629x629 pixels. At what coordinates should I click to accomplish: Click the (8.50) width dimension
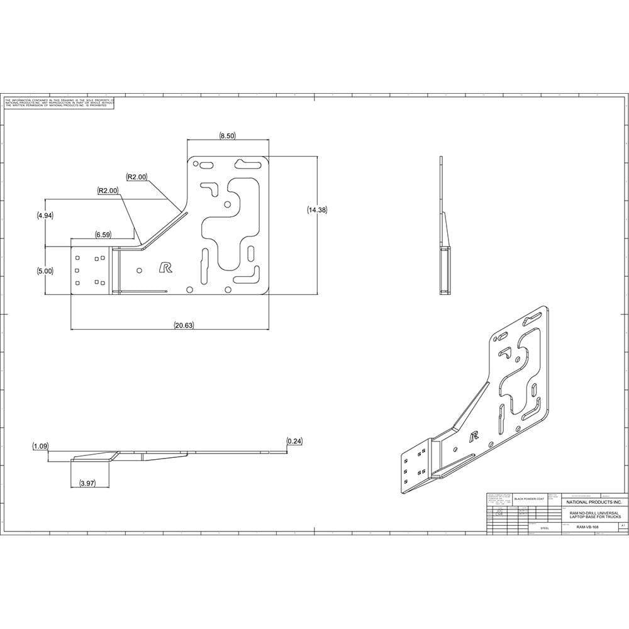227,136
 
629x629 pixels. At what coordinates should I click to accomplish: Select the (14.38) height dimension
317,210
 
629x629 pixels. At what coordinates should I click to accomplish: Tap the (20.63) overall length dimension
183,325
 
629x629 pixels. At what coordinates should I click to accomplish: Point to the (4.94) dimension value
45,215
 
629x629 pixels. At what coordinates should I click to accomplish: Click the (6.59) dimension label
103,235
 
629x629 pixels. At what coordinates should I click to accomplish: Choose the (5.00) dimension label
45,271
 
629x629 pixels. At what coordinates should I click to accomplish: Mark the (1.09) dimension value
41,446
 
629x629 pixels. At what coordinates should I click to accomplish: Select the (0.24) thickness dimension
294,441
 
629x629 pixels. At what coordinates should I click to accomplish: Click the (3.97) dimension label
87,483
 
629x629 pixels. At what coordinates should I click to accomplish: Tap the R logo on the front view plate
165,267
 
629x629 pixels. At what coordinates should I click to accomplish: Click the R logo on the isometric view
475,435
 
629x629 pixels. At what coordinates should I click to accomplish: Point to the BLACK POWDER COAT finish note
528,499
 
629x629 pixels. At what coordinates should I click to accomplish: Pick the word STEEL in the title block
545,528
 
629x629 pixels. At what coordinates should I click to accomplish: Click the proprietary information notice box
60,103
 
